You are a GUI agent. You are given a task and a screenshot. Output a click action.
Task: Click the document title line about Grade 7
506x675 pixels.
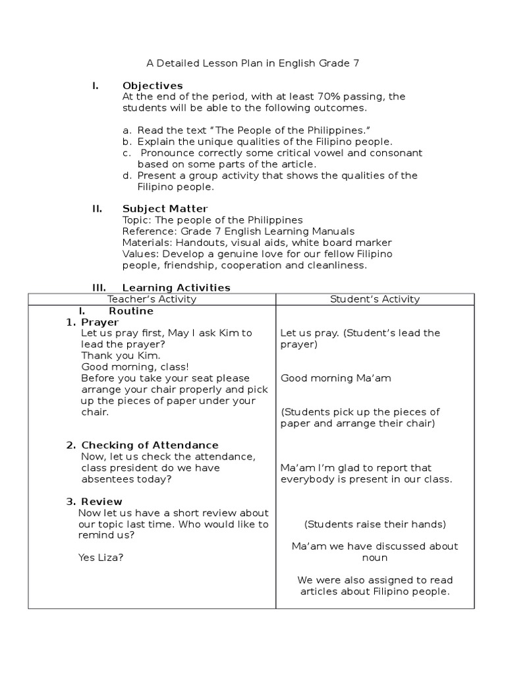[252, 63]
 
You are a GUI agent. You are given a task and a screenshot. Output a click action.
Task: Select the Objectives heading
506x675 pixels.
[153, 86]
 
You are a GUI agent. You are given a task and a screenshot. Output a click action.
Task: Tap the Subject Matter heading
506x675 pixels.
[165, 209]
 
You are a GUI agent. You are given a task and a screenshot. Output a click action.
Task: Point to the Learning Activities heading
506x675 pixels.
[177, 287]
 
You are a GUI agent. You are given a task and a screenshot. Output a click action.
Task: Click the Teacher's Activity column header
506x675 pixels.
[152, 299]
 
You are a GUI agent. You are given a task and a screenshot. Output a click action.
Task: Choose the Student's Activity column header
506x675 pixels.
[375, 299]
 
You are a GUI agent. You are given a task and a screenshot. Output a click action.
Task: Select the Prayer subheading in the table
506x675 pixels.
[99, 322]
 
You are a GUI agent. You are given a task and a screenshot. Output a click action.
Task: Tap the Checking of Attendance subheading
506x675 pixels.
[150, 446]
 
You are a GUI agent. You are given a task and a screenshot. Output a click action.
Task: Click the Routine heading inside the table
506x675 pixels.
[131, 310]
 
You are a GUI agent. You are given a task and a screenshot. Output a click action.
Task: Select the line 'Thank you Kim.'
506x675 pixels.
[111, 356]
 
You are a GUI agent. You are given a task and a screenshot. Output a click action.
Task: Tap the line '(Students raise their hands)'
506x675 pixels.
[375, 525]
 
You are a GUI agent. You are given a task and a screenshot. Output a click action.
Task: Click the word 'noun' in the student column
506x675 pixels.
[375, 558]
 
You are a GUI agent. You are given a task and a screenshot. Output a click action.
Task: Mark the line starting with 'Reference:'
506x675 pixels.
[239, 231]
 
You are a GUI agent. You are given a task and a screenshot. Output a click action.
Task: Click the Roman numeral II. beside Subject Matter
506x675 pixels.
[97, 209]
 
